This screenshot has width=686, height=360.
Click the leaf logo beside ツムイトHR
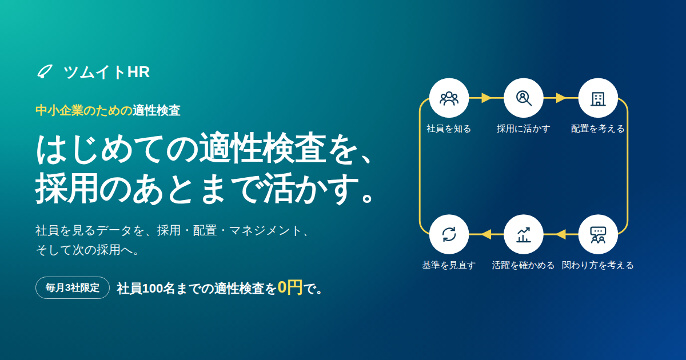(x=45, y=71)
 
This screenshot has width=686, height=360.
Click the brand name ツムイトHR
(x=106, y=72)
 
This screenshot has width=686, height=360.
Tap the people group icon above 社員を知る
(x=449, y=98)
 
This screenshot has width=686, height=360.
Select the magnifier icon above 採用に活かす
(x=524, y=98)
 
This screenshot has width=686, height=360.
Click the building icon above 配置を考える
(x=598, y=98)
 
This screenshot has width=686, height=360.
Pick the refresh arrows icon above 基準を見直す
(x=449, y=234)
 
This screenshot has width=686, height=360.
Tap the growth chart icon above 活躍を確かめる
(x=524, y=235)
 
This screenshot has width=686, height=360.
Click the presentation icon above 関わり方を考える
(x=598, y=235)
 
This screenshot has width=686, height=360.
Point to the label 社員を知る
(x=449, y=129)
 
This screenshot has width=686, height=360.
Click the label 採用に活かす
(x=524, y=129)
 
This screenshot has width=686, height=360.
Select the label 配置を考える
(x=598, y=129)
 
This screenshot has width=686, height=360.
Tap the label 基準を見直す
(x=449, y=265)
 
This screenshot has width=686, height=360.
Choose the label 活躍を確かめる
(x=523, y=265)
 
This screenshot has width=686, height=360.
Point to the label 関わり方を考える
(x=598, y=265)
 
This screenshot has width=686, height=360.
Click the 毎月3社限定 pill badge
(x=73, y=288)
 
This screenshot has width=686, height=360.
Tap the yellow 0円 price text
(x=290, y=287)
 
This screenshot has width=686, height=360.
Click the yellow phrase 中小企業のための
(x=84, y=110)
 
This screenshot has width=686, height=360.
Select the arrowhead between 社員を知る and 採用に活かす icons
(x=486, y=98)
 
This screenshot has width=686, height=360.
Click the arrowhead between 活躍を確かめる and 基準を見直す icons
(x=486, y=234)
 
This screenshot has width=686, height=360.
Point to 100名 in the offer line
(x=158, y=289)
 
